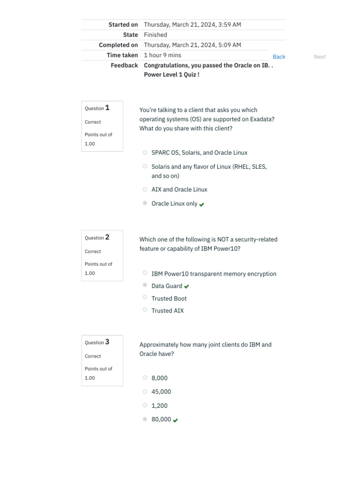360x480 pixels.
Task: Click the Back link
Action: pyautogui.click(x=279, y=57)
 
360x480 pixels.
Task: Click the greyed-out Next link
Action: pyautogui.click(x=320, y=57)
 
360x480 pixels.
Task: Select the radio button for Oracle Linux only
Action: pyautogui.click(x=145, y=203)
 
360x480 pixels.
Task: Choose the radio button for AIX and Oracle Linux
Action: pyautogui.click(x=145, y=189)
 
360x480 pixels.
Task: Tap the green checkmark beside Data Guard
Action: pyautogui.click(x=187, y=286)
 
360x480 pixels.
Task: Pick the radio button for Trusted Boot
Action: pyautogui.click(x=145, y=298)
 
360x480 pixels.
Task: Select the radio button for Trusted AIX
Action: pyautogui.click(x=145, y=310)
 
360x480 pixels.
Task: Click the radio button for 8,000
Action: pyautogui.click(x=145, y=378)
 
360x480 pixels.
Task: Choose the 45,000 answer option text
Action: pyautogui.click(x=161, y=392)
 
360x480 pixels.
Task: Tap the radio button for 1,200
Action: pyautogui.click(x=145, y=405)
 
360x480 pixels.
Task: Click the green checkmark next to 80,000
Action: pyautogui.click(x=175, y=420)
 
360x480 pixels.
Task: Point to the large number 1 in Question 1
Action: pyautogui.click(x=107, y=108)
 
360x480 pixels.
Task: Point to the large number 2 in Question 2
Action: pyautogui.click(x=107, y=237)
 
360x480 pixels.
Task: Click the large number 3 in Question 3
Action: pyautogui.click(x=107, y=342)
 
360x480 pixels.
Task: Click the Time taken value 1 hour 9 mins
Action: pyautogui.click(x=162, y=55)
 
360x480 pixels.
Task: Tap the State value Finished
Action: pyautogui.click(x=155, y=35)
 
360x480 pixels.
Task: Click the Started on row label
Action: pyautogui.click(x=123, y=24)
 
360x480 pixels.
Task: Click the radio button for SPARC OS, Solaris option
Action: pyautogui.click(x=145, y=152)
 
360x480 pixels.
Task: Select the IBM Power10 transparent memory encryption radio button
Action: pyautogui.click(x=145, y=273)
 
